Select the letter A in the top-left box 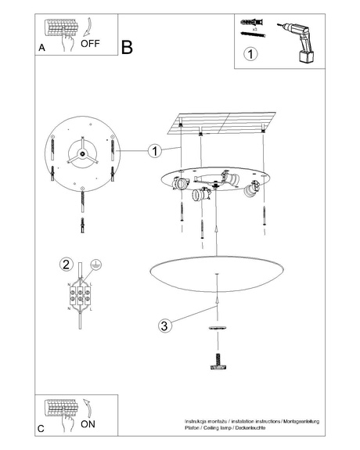point(41,49)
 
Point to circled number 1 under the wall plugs point(250,55)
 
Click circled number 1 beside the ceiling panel point(155,149)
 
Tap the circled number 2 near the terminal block point(67,264)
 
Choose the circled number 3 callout point(163,326)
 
